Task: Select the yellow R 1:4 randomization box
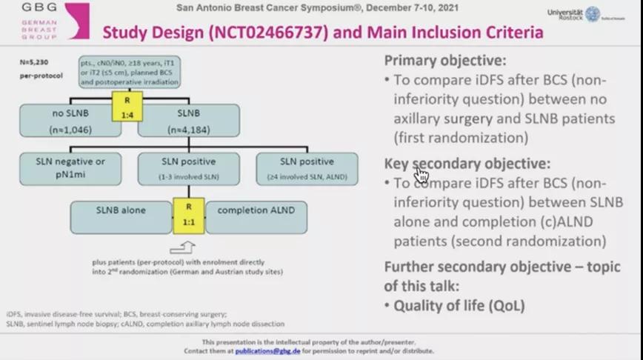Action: coord(127,105)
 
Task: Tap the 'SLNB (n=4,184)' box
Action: coord(190,120)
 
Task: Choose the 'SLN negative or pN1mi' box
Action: coord(70,167)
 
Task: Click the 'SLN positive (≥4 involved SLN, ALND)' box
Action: coord(307,168)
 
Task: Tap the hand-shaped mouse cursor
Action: coord(422,174)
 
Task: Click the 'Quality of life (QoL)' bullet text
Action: coord(459,305)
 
